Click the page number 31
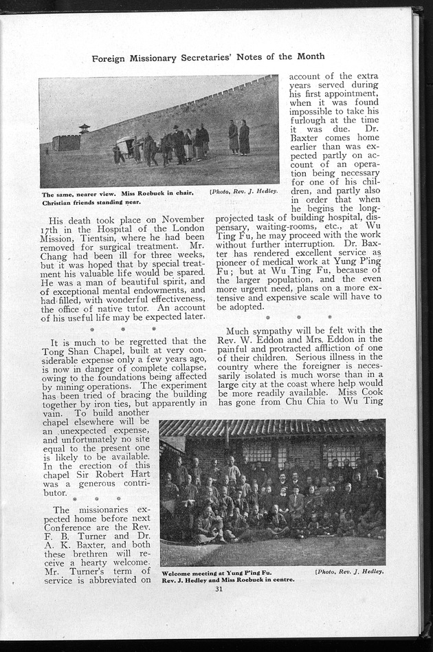219,588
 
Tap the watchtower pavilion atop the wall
84,129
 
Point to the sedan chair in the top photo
126,146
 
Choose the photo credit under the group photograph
349,571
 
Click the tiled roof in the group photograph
271,428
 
